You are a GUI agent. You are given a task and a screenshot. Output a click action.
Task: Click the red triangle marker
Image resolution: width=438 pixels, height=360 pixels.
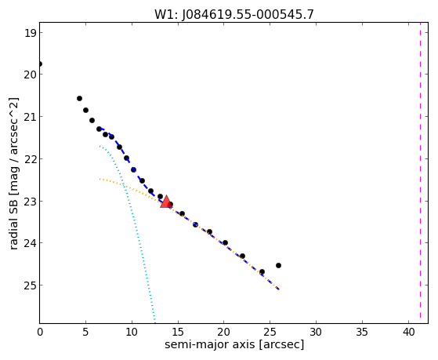pos(166,202)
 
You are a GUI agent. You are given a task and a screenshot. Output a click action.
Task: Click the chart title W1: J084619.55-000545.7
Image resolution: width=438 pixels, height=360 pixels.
pos(234,15)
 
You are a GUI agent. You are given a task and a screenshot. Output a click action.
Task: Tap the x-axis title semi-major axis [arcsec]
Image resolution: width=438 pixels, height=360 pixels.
pos(234,344)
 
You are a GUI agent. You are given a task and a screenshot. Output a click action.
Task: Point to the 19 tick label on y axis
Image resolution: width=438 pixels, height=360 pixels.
pos(30,33)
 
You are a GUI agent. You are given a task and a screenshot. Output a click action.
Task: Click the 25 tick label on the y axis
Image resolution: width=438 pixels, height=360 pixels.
pos(30,285)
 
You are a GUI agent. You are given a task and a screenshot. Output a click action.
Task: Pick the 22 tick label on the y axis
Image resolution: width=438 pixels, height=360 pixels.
pos(30,159)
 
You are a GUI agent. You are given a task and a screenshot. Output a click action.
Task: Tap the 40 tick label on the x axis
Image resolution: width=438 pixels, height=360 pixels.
pos(409,332)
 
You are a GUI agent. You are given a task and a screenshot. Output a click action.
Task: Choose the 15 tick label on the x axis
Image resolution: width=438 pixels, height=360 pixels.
pos(177,332)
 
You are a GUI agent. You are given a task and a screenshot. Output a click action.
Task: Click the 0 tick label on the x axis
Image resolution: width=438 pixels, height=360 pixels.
pos(40,332)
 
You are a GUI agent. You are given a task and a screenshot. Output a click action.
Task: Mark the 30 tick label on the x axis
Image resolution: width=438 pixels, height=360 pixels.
pos(316,332)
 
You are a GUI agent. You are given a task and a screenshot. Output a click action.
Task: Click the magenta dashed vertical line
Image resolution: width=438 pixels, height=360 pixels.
pos(420,173)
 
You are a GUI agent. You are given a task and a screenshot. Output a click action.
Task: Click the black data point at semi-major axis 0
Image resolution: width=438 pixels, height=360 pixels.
pos(40,64)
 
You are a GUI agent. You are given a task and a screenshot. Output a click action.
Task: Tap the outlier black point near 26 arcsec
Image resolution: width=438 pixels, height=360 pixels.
pos(278,265)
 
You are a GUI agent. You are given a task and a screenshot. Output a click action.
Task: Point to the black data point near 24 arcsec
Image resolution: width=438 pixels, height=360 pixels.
pos(262,272)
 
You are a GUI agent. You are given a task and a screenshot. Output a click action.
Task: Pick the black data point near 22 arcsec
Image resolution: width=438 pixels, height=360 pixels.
pos(242,256)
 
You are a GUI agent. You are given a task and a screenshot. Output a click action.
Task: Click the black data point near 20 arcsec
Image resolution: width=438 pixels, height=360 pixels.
pos(225,243)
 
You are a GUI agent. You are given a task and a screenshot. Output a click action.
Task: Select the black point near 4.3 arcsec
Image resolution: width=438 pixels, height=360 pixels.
pos(79,99)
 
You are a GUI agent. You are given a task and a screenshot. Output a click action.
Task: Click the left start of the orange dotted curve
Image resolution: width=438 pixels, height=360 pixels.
pos(100,179)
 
